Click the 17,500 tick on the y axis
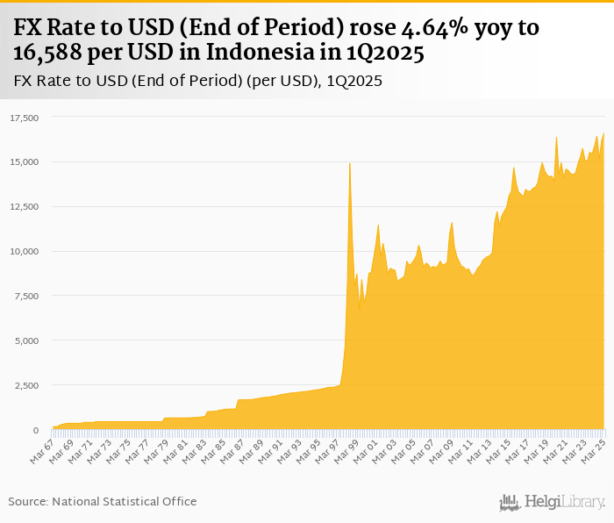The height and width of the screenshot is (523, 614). coord(25,118)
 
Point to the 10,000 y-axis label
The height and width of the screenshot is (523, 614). coord(25,251)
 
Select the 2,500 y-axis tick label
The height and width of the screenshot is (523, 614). coord(27,385)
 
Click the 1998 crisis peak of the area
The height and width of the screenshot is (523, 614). coord(350,163)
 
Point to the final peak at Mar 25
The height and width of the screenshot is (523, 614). coord(604,133)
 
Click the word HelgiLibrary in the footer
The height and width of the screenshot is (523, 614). coord(564,502)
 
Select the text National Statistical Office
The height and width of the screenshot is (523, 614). coord(125,501)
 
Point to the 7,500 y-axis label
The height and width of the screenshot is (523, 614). coord(27,296)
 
